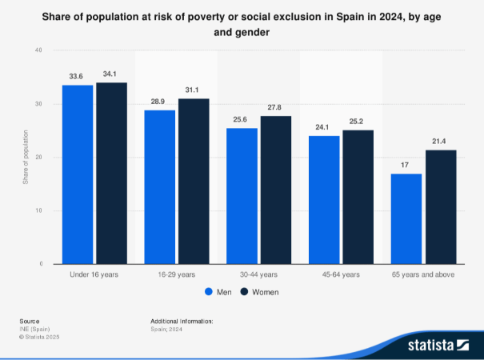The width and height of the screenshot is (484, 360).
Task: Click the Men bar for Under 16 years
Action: pyautogui.click(x=78, y=174)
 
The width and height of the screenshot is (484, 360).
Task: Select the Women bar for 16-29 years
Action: pyautogui.click(x=194, y=181)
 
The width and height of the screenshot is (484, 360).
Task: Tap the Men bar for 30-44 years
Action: pyautogui.click(x=242, y=196)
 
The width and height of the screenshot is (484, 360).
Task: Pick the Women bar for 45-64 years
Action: pyautogui.click(x=358, y=197)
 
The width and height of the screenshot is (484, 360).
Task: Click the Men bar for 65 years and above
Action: pyautogui.click(x=406, y=218)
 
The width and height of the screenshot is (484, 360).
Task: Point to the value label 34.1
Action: pyautogui.click(x=111, y=74)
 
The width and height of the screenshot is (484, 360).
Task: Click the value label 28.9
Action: pyautogui.click(x=159, y=102)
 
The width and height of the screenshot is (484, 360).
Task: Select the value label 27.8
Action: pyautogui.click(x=276, y=108)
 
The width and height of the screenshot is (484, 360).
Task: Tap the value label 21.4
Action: pyautogui.click(x=440, y=142)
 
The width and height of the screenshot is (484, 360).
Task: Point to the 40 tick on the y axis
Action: pyautogui.click(x=38, y=50)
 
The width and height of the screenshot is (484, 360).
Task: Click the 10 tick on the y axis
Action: pyautogui.click(x=38, y=210)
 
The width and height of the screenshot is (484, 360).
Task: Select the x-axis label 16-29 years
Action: pyautogui.click(x=177, y=274)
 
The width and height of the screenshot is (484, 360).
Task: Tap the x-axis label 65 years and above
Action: pyautogui.click(x=423, y=274)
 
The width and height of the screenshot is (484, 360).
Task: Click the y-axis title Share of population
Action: pyautogui.click(x=26, y=158)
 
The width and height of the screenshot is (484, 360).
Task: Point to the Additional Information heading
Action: pyautogui.click(x=182, y=321)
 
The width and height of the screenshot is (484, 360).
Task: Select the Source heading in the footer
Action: pyautogui.click(x=29, y=321)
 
